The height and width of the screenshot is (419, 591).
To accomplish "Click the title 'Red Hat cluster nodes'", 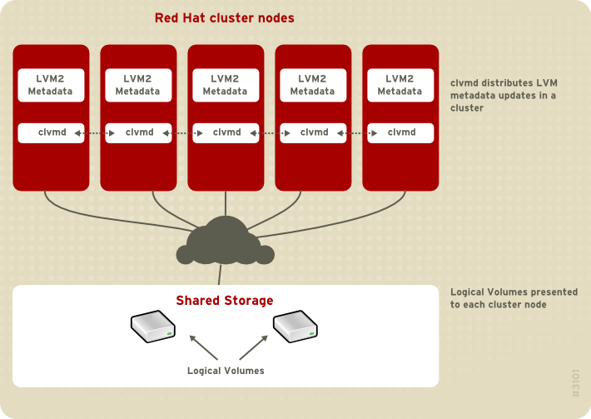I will click(225, 17).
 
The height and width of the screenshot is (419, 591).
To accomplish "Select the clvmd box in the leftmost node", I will click(51, 132).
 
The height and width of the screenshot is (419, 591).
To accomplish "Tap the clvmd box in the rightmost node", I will click(400, 132).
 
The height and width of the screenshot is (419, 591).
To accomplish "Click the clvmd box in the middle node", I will click(226, 132).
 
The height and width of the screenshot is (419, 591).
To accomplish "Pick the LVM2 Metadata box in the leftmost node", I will click(51, 85).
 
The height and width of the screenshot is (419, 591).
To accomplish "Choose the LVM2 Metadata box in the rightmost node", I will click(400, 85).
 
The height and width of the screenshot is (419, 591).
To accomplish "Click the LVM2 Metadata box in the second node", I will click(138, 85).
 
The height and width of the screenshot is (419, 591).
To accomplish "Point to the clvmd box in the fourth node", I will click(313, 132).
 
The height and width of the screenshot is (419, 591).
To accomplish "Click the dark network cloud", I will click(223, 242).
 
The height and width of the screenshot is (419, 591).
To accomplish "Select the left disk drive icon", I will click(152, 327).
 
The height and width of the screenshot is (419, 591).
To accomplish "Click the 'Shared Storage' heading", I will click(225, 300).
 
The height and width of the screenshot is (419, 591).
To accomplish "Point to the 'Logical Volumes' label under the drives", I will click(226, 371).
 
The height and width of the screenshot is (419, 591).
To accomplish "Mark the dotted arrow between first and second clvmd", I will click(94, 132).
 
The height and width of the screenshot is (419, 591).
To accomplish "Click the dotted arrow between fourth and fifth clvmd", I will click(356, 132).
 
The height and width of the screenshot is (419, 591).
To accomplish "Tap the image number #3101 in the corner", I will click(576, 383).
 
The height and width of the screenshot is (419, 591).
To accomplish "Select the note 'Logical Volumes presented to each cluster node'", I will click(514, 298).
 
